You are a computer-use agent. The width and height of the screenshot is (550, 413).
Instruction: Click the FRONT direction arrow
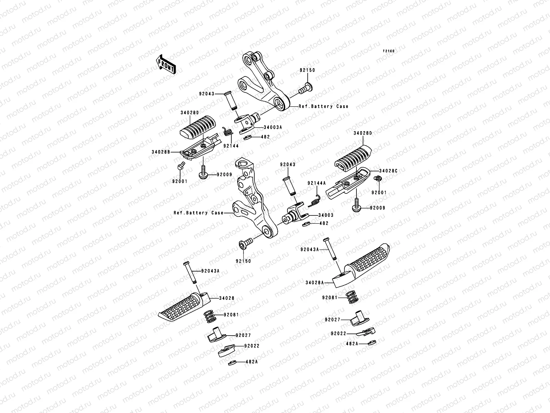click(x=166, y=64)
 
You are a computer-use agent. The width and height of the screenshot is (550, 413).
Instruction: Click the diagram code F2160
click(x=389, y=51)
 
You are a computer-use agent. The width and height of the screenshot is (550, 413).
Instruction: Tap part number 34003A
click(x=273, y=127)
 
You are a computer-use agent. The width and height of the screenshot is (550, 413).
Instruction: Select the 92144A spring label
click(x=316, y=183)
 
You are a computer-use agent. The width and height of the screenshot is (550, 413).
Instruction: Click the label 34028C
click(x=388, y=171)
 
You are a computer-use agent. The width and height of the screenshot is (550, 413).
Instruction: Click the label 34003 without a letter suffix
click(x=326, y=215)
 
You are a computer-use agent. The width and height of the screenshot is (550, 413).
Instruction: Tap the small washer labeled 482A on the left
click(x=232, y=362)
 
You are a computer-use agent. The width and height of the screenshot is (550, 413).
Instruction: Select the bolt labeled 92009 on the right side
click(x=356, y=204)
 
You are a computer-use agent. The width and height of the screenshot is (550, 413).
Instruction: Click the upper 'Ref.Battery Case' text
click(x=323, y=107)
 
